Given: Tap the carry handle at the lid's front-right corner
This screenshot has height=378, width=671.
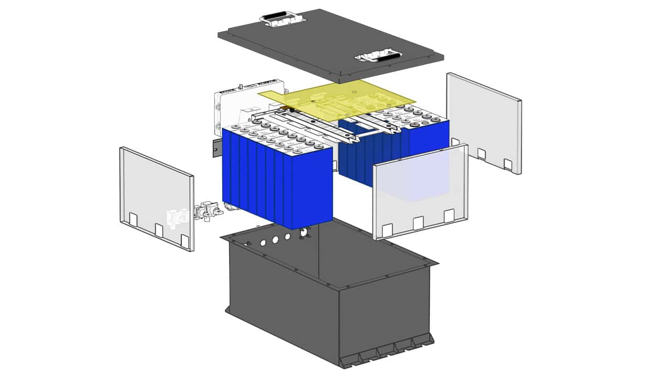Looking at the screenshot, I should (378, 56).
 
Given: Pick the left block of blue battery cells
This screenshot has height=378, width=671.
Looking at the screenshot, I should (278, 178).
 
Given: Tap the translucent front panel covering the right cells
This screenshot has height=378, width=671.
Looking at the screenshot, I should (419, 189).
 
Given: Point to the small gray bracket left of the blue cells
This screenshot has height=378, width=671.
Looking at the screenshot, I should (216, 149).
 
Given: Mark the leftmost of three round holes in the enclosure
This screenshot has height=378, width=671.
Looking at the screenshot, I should (263, 243).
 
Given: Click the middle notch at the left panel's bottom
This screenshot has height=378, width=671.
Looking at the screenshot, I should (159, 229).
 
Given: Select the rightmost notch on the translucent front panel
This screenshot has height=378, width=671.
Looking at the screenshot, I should (449, 216).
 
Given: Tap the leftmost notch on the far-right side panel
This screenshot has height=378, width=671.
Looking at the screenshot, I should (456, 142).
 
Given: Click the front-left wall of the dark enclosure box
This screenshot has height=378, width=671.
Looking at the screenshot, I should (283, 299).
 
